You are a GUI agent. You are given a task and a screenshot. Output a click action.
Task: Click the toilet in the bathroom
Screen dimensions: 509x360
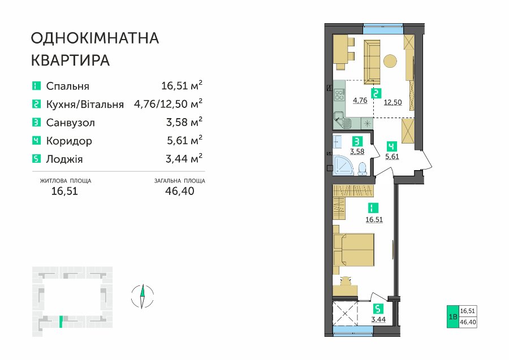[362, 168]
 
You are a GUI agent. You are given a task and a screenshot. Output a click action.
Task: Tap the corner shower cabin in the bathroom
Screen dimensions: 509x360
[343, 166]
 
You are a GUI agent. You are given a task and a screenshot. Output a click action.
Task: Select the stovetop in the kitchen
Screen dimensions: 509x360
[340, 96]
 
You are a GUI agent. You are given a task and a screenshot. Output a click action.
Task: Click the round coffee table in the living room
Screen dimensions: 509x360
[390, 60]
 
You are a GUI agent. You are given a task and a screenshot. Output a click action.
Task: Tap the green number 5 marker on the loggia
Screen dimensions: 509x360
[378, 309]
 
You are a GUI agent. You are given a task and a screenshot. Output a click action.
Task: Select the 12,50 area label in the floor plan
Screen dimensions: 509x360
[393, 102]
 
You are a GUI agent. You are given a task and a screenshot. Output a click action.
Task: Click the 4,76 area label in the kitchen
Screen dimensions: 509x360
[360, 100]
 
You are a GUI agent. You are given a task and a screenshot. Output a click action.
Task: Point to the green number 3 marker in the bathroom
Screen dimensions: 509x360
[357, 142]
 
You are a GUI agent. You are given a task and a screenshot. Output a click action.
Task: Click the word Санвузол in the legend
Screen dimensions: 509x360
[71, 123]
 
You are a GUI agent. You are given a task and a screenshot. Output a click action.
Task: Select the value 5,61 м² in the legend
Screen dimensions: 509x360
[184, 140]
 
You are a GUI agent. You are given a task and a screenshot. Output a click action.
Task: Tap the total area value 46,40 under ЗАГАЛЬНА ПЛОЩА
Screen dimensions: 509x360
[179, 191]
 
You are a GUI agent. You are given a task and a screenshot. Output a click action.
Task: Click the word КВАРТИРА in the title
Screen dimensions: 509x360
[71, 60]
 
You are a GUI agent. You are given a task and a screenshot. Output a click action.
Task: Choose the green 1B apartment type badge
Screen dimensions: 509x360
[452, 316]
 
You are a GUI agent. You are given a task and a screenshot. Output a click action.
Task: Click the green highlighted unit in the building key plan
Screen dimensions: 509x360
[61, 322]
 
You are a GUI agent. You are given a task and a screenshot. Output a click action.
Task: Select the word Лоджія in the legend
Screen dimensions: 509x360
[64, 159]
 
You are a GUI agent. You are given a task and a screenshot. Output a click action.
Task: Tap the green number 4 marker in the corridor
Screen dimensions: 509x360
[392, 146]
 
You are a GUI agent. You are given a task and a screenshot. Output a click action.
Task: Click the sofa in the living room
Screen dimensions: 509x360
[372, 62]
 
